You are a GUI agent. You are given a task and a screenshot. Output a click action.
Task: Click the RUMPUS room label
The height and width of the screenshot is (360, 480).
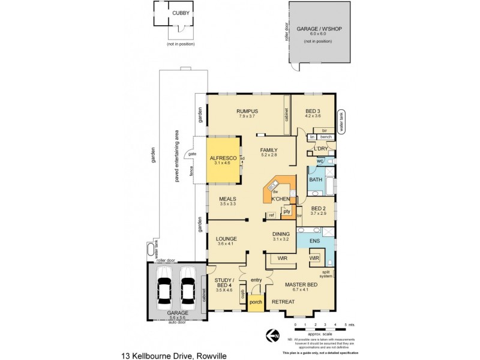pyautogui.click(x=247, y=111)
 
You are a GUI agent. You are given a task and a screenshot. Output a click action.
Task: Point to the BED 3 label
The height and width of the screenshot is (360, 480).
pyautogui.click(x=313, y=111)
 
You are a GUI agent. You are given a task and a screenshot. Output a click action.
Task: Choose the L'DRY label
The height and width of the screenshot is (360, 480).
pyautogui.click(x=320, y=148)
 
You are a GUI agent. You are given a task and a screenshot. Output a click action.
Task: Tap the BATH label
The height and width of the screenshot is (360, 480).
pyautogui.click(x=316, y=179)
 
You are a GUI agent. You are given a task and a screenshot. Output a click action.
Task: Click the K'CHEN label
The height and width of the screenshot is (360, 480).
pyautogui.click(x=281, y=199)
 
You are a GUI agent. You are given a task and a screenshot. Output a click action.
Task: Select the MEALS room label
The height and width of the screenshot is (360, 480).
pyautogui.click(x=227, y=199)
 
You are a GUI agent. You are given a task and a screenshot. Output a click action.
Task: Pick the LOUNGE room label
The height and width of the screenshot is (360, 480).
pyautogui.click(x=227, y=238)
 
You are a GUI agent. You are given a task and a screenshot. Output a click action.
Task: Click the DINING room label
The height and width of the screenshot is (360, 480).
pyautogui.click(x=281, y=233)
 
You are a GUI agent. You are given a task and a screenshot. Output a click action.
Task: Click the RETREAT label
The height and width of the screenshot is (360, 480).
pyautogui.click(x=283, y=301)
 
